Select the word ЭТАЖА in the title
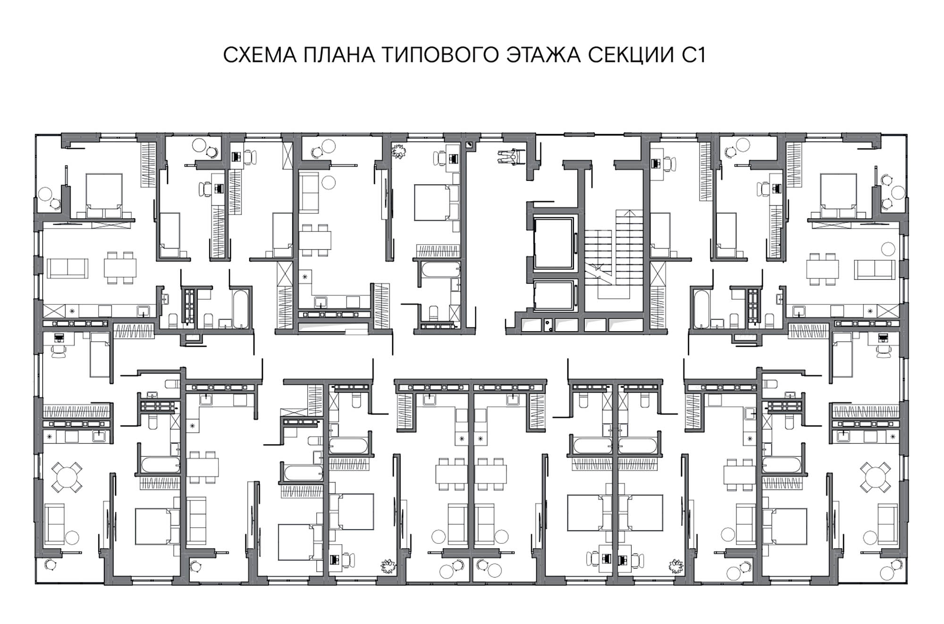point(544,55)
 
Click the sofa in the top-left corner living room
point(67,268)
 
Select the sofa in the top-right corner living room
point(875,268)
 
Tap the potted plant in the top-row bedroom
point(399,151)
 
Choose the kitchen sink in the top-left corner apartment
point(143,311)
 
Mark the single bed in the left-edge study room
point(100,354)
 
